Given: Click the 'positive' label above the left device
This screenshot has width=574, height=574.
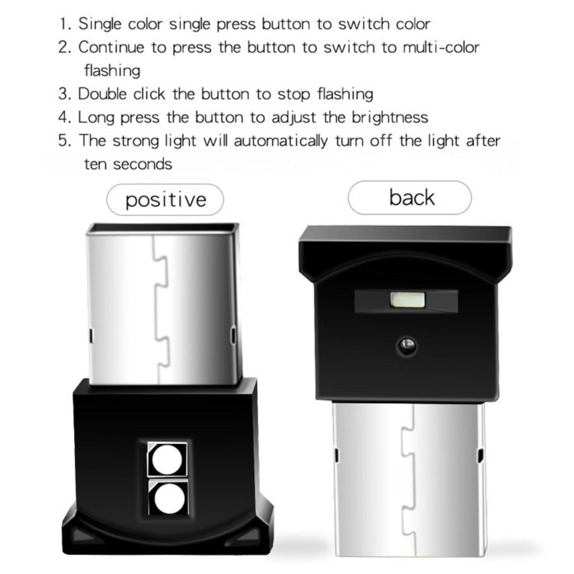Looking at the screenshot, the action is click(x=166, y=200).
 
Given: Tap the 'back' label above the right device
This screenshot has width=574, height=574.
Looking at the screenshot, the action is click(x=412, y=197).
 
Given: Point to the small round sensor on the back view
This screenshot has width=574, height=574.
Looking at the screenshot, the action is click(x=407, y=346).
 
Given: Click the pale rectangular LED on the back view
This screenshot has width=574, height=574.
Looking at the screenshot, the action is click(x=408, y=300).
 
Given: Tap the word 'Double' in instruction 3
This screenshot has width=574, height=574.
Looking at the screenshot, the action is click(x=103, y=94).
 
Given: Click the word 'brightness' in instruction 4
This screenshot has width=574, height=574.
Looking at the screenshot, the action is click(x=390, y=117).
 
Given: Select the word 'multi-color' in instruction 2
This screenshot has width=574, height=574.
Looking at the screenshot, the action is click(x=441, y=47).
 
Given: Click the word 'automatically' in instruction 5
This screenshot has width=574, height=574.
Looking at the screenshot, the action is click(x=281, y=141).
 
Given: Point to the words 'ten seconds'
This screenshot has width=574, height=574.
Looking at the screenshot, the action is click(x=128, y=164).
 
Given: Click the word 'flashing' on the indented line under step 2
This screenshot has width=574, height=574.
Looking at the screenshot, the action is click(x=112, y=71).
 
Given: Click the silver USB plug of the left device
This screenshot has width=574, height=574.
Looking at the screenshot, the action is click(x=163, y=304).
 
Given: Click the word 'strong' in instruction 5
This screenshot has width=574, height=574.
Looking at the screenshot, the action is click(x=136, y=141).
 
